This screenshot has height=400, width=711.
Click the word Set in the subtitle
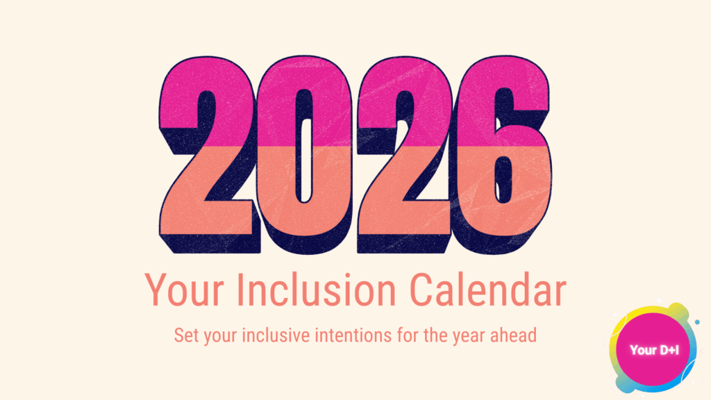[186, 335]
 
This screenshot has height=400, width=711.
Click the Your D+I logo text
[653, 351]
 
